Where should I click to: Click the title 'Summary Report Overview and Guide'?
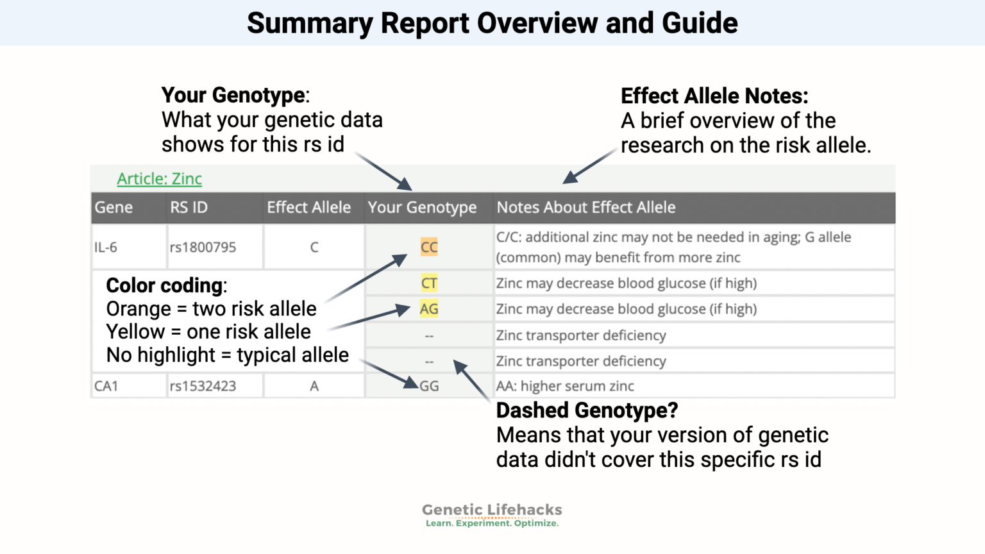tap(492, 23)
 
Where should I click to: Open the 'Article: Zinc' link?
tap(159, 179)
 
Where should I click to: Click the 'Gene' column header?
tap(114, 208)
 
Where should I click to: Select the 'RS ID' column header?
tap(189, 208)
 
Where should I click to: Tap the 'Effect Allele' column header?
tap(308, 208)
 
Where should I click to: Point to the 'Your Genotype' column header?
tap(422, 208)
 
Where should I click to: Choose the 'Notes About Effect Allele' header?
tap(585, 208)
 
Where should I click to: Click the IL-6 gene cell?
tap(106, 248)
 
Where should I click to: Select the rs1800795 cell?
tap(203, 248)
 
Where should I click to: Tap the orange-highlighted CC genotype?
tap(429, 248)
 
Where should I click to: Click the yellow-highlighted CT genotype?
tap(429, 283)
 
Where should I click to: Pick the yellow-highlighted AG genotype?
tap(429, 309)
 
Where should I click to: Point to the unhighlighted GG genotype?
tap(430, 386)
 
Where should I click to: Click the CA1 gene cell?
tap(106, 386)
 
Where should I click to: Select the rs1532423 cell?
tap(203, 386)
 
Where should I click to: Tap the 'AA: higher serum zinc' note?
tap(565, 386)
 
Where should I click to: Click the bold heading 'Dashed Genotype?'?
tap(587, 410)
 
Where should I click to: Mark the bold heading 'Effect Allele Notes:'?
tap(714, 96)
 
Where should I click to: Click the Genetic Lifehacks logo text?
tap(492, 510)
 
